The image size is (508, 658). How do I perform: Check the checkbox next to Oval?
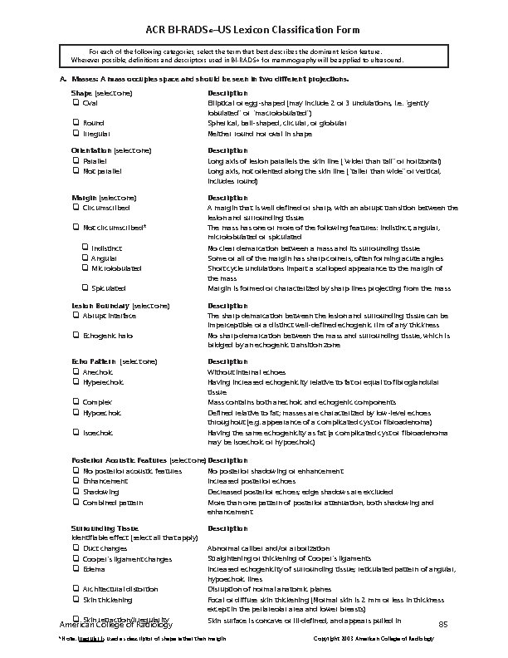coord(76,102)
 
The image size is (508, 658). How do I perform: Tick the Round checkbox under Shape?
coord(76,123)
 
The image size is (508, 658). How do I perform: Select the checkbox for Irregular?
coord(76,133)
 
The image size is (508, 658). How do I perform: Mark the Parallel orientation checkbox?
coord(76,160)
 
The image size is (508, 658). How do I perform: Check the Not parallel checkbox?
coord(76,169)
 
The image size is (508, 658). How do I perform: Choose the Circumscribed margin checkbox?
coord(76,207)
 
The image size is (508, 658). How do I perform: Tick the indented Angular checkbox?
coord(85,258)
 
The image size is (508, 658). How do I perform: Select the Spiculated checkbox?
coord(85,288)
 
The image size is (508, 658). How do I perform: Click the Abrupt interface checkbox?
coord(76,316)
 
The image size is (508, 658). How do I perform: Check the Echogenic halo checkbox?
coord(76,336)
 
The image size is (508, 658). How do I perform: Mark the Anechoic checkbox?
coord(76,372)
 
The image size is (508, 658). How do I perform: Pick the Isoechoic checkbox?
coord(76,433)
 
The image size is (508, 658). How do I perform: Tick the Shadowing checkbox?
coord(76,490)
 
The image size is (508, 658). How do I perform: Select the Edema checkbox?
coord(76,569)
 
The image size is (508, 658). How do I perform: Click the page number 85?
coord(443,623)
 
